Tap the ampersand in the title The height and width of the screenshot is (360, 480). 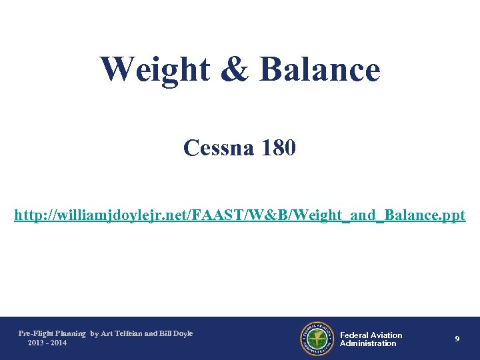[237, 69]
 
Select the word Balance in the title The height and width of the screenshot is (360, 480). [319, 69]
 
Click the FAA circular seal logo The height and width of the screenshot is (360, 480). [317, 339]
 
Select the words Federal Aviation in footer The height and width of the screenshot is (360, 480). [371, 335]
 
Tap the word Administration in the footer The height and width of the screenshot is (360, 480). [368, 344]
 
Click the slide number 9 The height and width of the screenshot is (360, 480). [457, 339]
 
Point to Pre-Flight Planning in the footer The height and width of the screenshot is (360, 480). [52, 333]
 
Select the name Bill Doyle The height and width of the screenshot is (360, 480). [175, 333]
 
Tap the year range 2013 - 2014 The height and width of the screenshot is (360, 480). [47, 343]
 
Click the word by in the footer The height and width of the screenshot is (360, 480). [94, 333]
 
